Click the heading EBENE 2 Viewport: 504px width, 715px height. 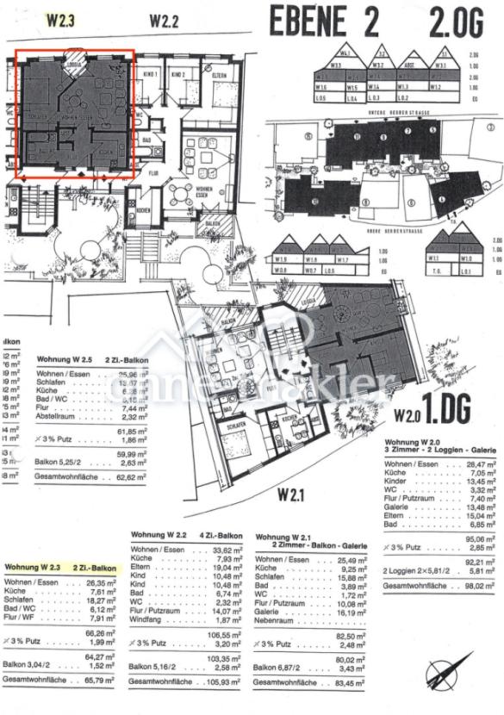point(324,21)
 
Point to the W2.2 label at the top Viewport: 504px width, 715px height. point(164,20)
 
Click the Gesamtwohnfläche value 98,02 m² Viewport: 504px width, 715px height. point(479,611)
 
